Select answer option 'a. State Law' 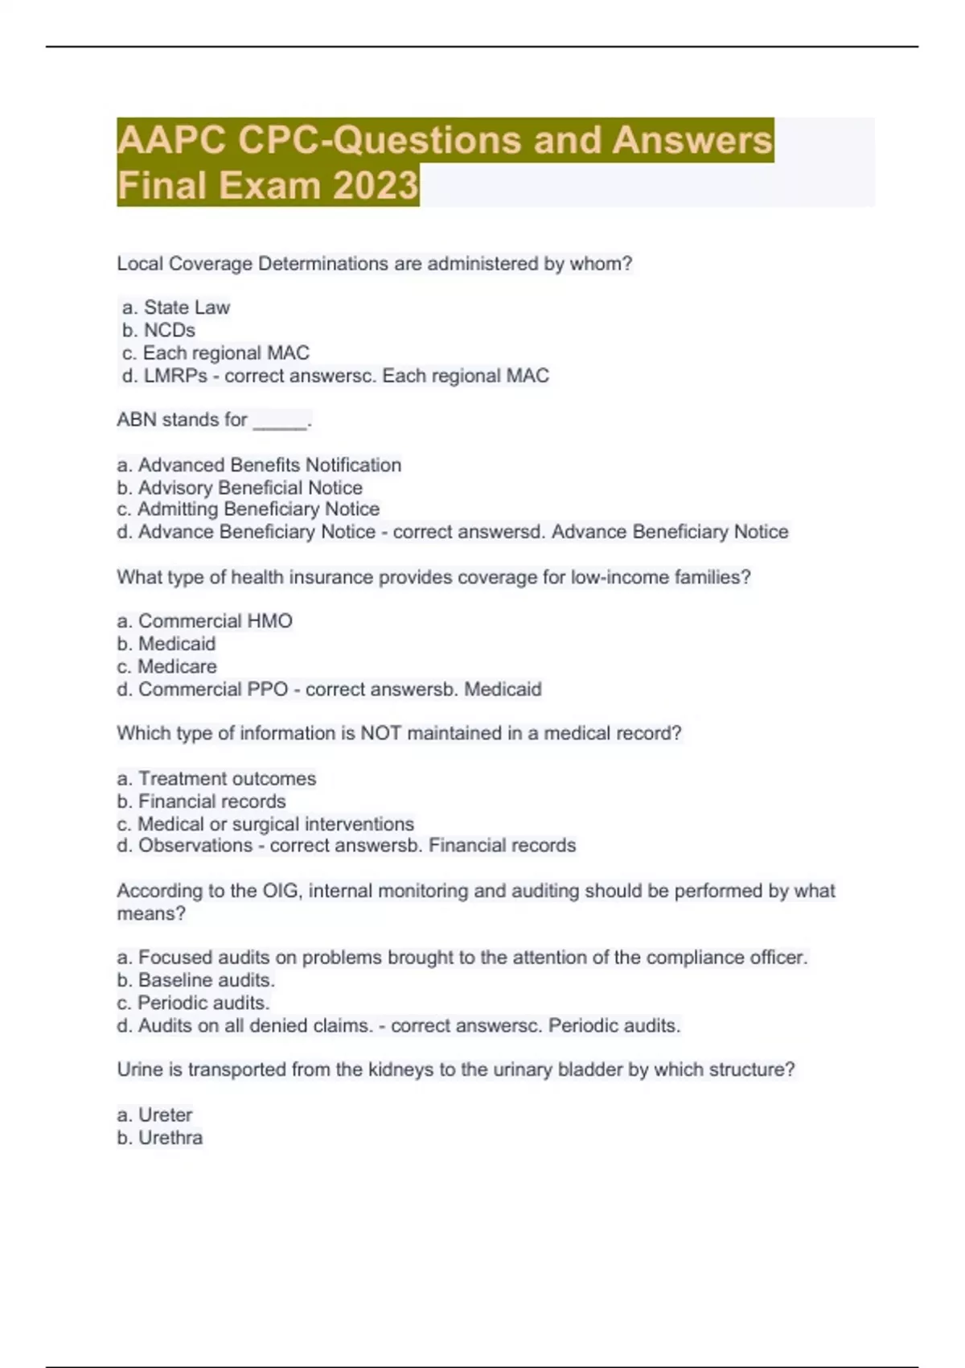pyautogui.click(x=176, y=307)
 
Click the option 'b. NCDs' pyautogui.click(x=158, y=330)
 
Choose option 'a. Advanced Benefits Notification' pyautogui.click(x=259, y=465)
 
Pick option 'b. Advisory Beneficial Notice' pyautogui.click(x=240, y=488)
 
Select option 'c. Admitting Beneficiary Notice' pyautogui.click(x=248, y=509)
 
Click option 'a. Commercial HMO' pyautogui.click(x=204, y=621)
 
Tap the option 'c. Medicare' pyautogui.click(x=166, y=666)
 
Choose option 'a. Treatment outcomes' pyautogui.click(x=216, y=778)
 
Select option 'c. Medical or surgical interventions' pyautogui.click(x=265, y=824)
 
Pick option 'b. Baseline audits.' pyautogui.click(x=195, y=980)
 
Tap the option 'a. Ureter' pyautogui.click(x=154, y=1115)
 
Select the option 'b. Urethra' pyautogui.click(x=159, y=1138)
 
